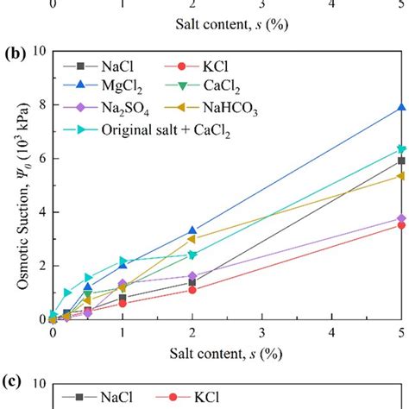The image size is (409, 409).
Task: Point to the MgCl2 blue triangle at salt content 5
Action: (x=400, y=108)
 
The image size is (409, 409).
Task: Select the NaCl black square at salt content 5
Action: (x=400, y=160)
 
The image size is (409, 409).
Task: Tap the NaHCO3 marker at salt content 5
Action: (x=400, y=175)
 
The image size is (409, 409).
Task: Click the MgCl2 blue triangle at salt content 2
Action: (x=192, y=231)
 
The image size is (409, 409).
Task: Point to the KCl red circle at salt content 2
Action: (x=192, y=290)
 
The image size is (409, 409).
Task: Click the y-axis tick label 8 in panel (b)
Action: (x=40, y=105)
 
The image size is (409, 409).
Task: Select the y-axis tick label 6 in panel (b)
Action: (x=40, y=159)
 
